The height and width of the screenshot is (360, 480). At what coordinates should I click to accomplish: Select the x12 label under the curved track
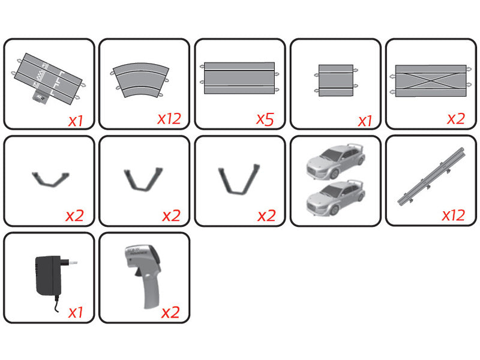pyautogui.click(x=169, y=119)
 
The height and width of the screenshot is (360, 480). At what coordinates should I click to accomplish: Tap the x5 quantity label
pyautogui.click(x=265, y=119)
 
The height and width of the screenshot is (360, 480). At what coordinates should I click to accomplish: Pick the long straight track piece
pyautogui.click(x=239, y=78)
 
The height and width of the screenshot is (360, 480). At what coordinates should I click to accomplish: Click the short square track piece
pyautogui.click(x=336, y=80)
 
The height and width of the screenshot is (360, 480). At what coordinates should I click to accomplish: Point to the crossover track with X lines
pyautogui.click(x=430, y=80)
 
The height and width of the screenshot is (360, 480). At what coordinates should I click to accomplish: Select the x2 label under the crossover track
pyautogui.click(x=456, y=119)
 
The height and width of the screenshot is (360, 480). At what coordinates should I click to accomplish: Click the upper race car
pyautogui.click(x=336, y=161)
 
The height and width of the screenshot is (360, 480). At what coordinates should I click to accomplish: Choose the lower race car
pyautogui.click(x=336, y=199)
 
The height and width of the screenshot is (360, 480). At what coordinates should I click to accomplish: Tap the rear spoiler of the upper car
pyautogui.click(x=358, y=146)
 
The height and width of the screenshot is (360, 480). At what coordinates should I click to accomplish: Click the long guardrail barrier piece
pyautogui.click(x=431, y=176)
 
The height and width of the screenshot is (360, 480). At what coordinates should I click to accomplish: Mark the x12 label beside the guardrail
pyautogui.click(x=454, y=215)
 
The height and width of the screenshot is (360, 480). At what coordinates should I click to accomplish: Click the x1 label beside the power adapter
pyautogui.click(x=76, y=313)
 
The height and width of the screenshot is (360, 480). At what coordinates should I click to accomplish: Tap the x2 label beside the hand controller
pyautogui.click(x=170, y=313)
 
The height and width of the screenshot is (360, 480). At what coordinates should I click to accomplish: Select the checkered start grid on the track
pyautogui.click(x=40, y=74)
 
